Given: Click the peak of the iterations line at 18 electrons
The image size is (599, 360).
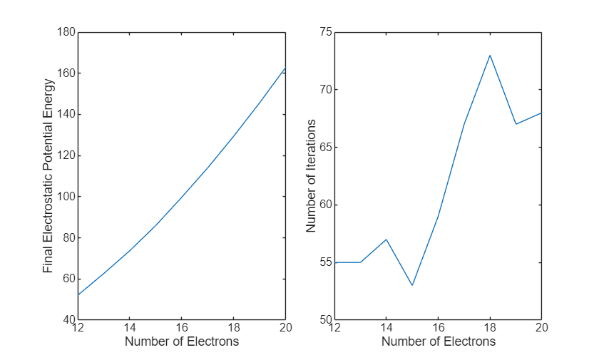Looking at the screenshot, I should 490,55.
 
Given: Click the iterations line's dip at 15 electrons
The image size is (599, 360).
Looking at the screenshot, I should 412,285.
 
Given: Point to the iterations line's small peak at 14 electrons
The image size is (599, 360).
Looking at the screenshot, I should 386,239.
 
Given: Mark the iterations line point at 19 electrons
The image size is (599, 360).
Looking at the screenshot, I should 516,124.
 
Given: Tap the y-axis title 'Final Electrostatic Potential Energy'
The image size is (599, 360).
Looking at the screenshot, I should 48,176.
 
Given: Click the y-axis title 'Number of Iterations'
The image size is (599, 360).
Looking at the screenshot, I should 311,176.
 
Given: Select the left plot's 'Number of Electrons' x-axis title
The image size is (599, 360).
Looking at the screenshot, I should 182,341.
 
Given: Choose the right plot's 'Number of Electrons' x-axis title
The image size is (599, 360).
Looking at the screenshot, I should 439,341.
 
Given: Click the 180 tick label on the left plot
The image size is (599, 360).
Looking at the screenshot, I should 66,32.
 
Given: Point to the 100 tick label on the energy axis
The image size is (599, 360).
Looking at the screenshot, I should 66,197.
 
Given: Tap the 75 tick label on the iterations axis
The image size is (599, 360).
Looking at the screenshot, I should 326,32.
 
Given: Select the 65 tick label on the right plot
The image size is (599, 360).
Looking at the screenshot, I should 326,148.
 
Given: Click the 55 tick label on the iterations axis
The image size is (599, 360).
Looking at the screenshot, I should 326,262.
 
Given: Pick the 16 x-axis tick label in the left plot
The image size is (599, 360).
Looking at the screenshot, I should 182,329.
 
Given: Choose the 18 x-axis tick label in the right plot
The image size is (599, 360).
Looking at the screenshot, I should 490,329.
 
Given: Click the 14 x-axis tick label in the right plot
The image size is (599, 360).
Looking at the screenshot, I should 386,329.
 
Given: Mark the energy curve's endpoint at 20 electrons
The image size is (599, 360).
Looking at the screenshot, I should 285,68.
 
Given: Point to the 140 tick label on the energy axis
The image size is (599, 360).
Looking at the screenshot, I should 66,115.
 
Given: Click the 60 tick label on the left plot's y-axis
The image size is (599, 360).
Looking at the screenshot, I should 69,279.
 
